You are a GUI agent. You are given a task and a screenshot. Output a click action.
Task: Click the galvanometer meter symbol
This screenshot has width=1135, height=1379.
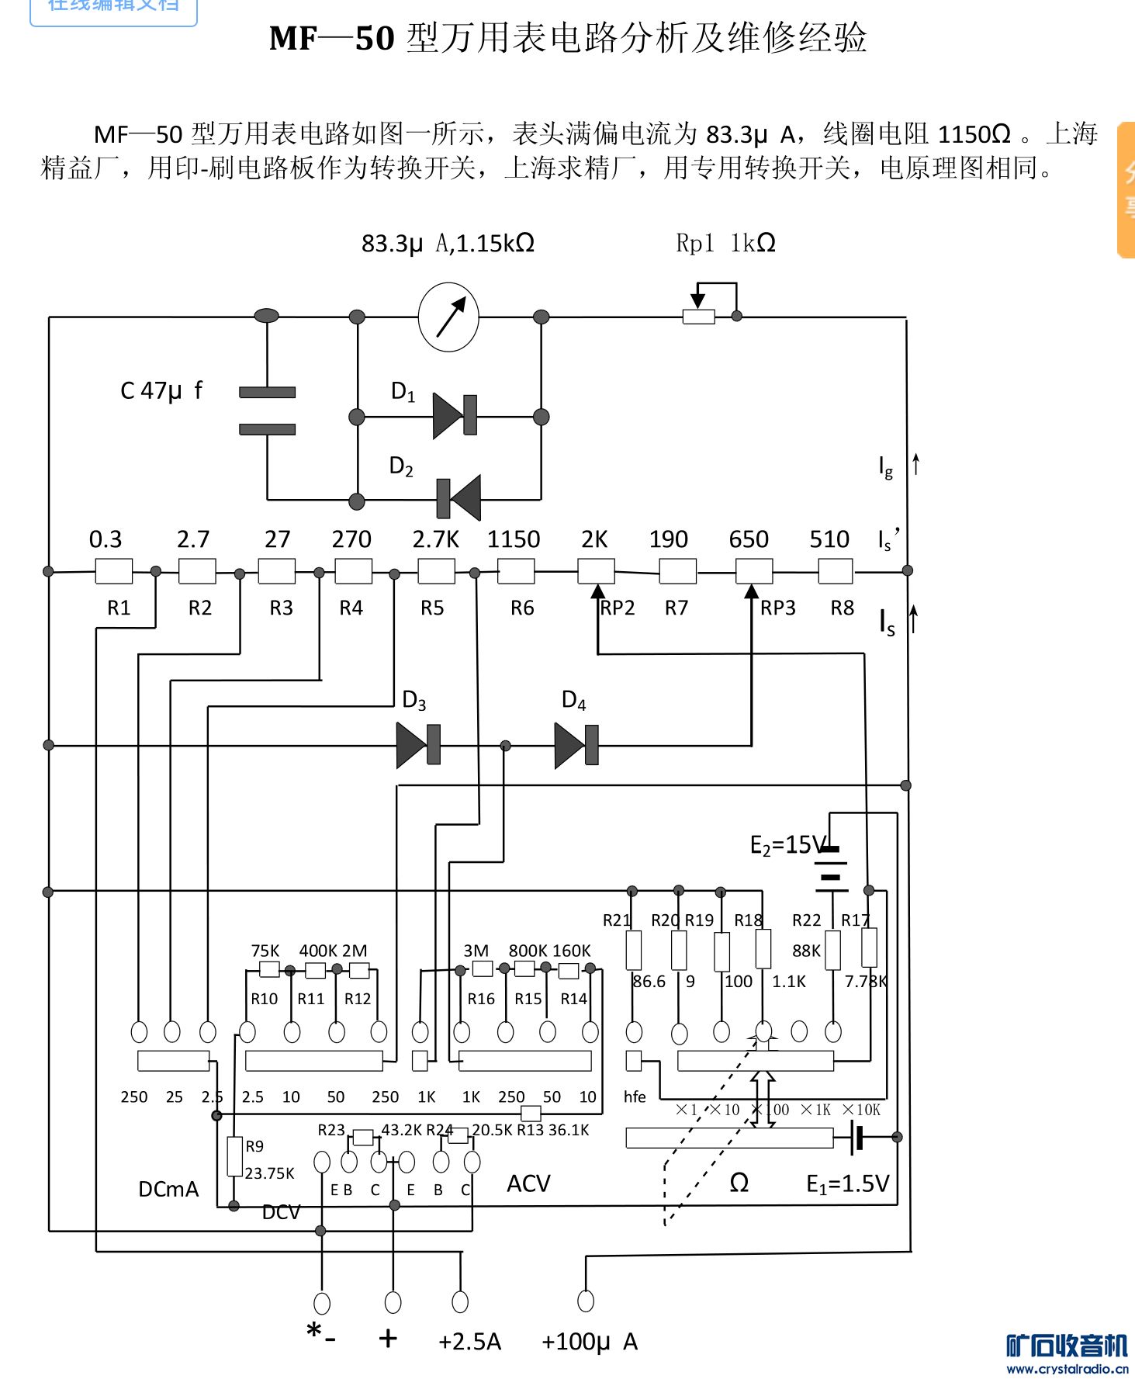(x=448, y=317)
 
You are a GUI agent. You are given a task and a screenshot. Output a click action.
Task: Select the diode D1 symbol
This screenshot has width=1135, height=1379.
(x=455, y=416)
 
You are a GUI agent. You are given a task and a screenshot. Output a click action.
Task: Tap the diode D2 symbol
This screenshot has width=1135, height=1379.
(x=458, y=498)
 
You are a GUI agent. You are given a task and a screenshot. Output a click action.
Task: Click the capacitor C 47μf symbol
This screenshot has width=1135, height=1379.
(x=267, y=411)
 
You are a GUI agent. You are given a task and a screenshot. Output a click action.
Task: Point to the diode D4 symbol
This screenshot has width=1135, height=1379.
(x=576, y=745)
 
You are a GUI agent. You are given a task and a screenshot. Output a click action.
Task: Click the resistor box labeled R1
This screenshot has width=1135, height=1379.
(x=113, y=571)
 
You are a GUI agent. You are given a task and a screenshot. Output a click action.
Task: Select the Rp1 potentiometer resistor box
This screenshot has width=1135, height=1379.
(x=698, y=316)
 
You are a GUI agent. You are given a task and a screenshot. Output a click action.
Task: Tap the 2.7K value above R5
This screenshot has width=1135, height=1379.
(x=435, y=539)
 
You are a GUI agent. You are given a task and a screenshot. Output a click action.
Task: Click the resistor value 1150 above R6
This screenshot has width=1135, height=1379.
(x=513, y=539)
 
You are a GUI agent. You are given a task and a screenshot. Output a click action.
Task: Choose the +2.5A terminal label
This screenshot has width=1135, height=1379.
(x=469, y=1342)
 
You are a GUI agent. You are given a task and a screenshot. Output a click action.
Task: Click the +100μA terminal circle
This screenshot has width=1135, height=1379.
(x=586, y=1301)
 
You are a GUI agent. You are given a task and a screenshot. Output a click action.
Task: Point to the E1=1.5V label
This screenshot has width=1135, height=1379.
(x=847, y=1183)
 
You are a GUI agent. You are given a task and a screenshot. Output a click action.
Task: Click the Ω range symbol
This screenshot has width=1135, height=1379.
(x=739, y=1183)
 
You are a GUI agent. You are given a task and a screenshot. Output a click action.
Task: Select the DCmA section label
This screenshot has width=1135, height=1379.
(x=168, y=1189)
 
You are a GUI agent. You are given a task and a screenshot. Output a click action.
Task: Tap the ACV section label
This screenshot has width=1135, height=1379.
(x=528, y=1183)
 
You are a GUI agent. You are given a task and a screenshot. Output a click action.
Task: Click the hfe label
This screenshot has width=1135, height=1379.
(x=635, y=1097)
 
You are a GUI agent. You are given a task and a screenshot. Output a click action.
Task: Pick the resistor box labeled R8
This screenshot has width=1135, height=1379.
(x=836, y=571)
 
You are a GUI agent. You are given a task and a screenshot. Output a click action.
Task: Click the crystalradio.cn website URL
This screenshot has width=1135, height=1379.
(x=1067, y=1369)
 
